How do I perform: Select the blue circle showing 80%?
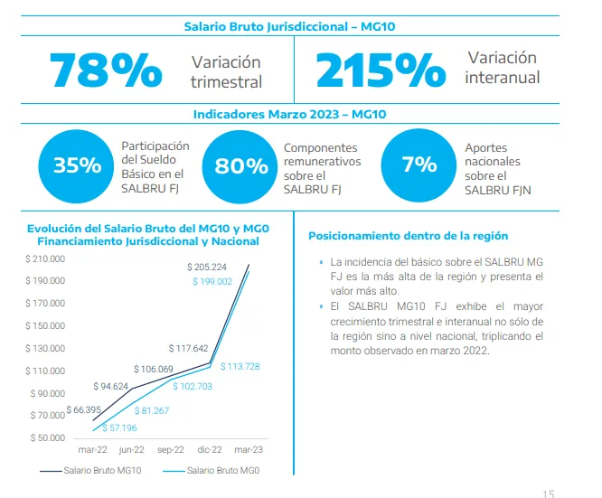[x=240, y=165]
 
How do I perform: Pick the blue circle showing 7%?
[x=419, y=164]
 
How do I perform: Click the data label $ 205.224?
[x=207, y=268]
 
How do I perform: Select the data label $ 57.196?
[x=120, y=428]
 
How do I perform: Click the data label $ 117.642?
[x=188, y=348]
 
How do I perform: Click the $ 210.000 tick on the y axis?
[x=46, y=259]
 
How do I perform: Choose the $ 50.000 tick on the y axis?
[x=48, y=438]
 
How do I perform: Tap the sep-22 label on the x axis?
[x=171, y=449]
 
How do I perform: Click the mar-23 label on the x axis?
[x=249, y=449]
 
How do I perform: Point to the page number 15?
[x=548, y=493]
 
